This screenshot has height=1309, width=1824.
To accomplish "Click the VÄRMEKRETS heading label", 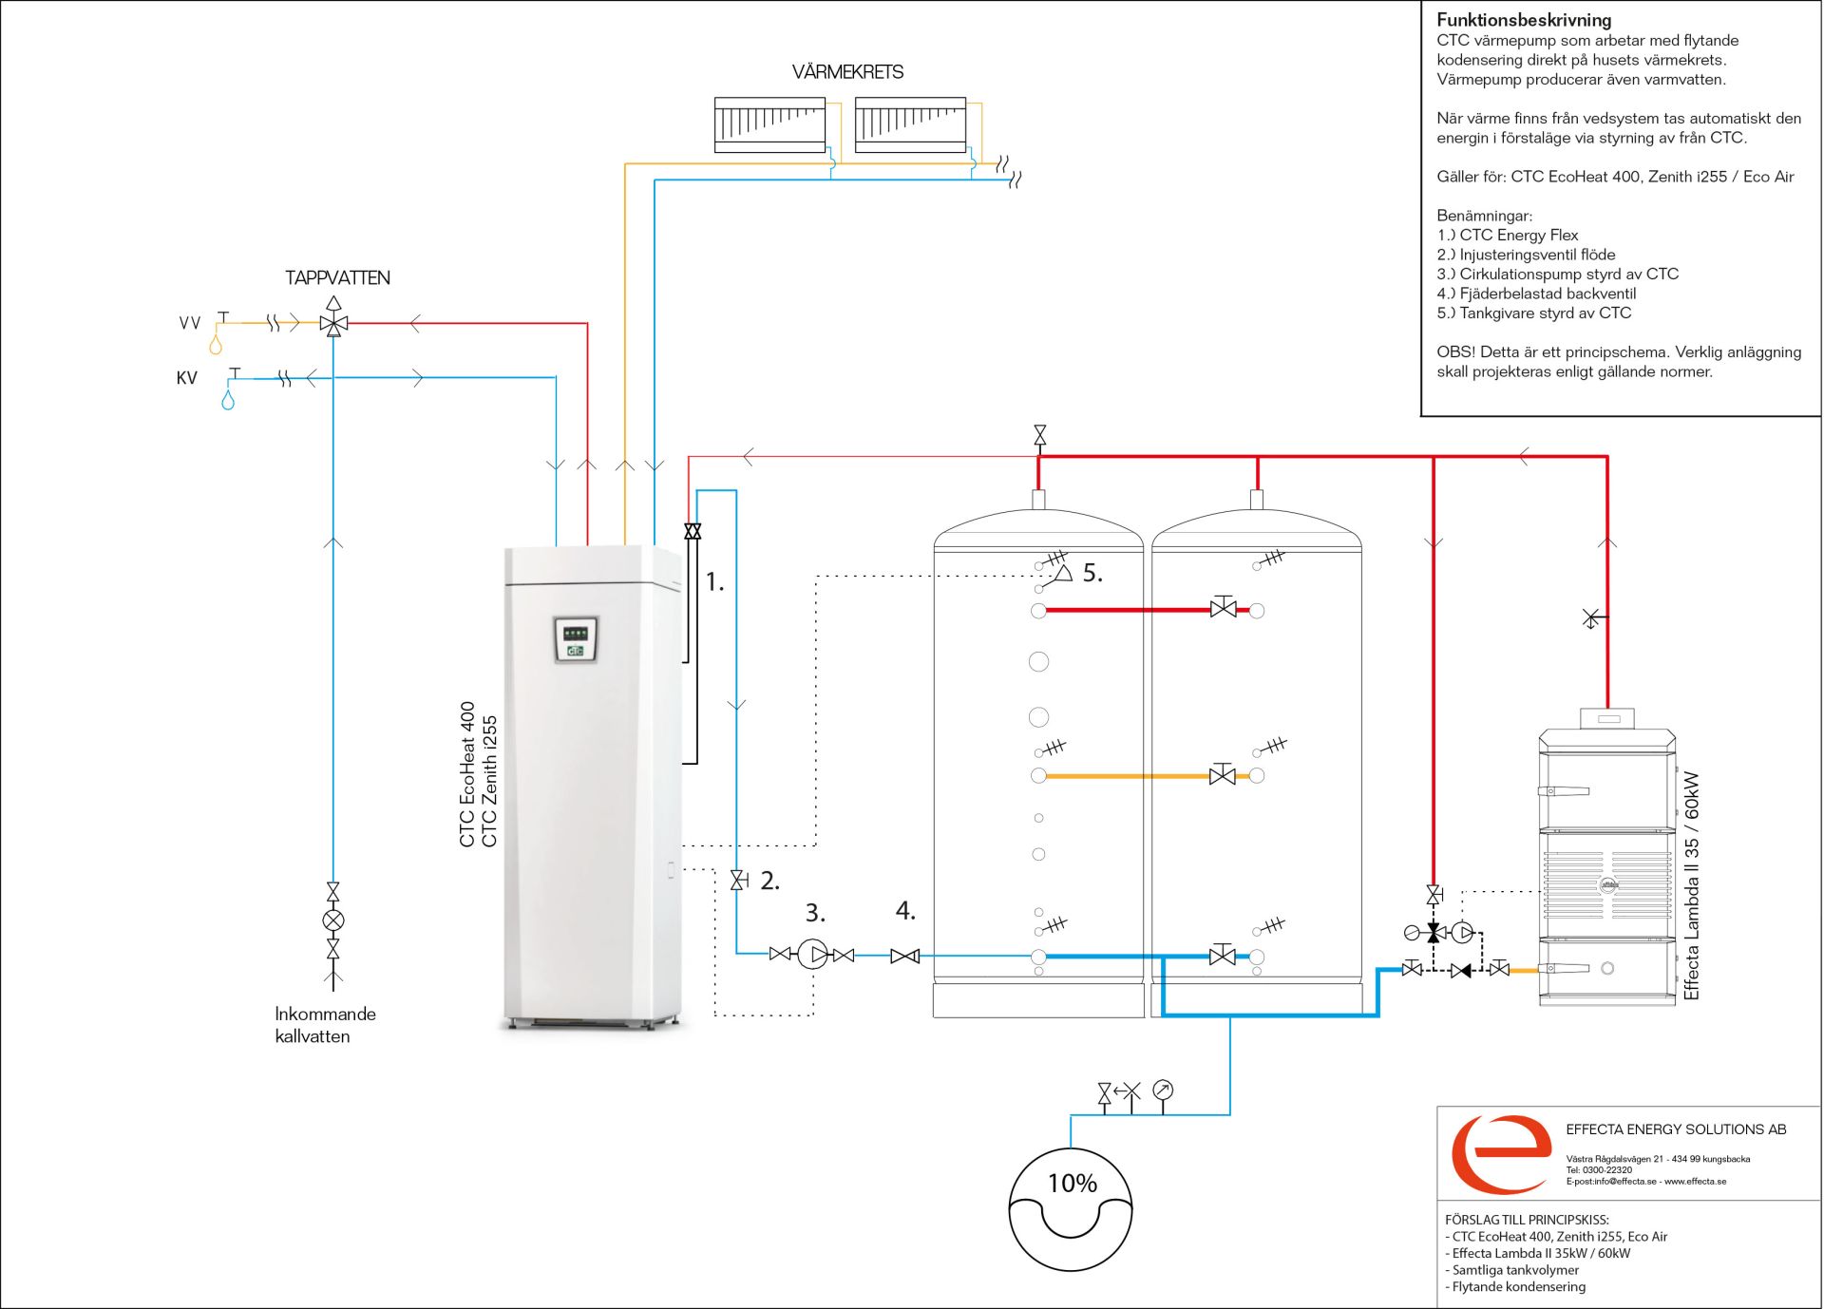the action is tap(847, 72).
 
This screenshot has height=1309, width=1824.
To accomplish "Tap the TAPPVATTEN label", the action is tap(337, 278).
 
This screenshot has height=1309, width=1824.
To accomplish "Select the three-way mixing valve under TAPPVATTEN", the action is tap(333, 319).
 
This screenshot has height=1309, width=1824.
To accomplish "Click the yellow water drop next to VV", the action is tap(216, 345).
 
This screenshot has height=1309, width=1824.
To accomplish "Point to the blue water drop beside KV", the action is tap(228, 400).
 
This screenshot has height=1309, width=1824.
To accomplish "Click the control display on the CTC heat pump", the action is tap(576, 638).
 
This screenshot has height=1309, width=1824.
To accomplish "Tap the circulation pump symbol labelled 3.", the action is tap(813, 954).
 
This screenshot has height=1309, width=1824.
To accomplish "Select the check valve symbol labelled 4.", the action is tap(904, 957).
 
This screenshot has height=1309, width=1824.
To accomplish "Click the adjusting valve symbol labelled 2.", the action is tap(739, 881).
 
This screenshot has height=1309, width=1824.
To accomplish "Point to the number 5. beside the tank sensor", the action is tap(1092, 573).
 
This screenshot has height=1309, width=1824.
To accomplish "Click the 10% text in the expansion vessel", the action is tap(1072, 1184).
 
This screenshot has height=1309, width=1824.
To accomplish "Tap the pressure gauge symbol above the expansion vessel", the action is tap(1163, 1091).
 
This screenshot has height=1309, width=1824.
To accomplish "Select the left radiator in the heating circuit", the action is tap(769, 124).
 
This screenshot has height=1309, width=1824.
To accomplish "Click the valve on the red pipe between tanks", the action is tap(1223, 607).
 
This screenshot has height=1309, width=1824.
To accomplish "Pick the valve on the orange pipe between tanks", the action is tap(1223, 774).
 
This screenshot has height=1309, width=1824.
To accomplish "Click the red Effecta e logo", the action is tap(1501, 1153).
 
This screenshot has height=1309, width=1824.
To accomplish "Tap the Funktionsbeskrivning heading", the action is tap(1524, 20).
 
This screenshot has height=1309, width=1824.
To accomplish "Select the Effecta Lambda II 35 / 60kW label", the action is tap(1691, 885).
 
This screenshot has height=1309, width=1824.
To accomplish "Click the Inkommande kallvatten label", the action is tap(325, 1025).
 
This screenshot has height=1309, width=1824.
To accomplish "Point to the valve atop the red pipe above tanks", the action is tap(1039, 436).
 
